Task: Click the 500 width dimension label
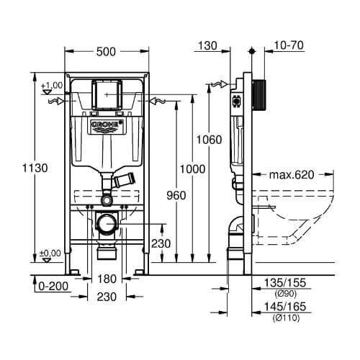pyautogui.click(x=106, y=52)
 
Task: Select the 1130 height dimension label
pyautogui.click(x=35, y=168)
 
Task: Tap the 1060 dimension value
pyautogui.click(x=209, y=140)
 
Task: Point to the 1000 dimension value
pyautogui.click(x=192, y=169)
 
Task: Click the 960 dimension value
pyautogui.click(x=176, y=196)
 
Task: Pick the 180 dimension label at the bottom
pyautogui.click(x=107, y=279)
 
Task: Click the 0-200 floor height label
pyautogui.click(x=53, y=286)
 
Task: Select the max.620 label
pyautogui.click(x=292, y=175)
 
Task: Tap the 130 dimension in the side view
pyautogui.click(x=207, y=45)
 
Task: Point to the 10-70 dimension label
pyautogui.click(x=289, y=45)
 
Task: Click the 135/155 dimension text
pyautogui.click(x=285, y=283)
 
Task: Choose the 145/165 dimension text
pyautogui.click(x=285, y=307)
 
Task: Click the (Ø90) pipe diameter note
pyautogui.click(x=286, y=293)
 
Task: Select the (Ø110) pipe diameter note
pyautogui.click(x=286, y=318)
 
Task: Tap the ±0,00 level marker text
pyautogui.click(x=50, y=253)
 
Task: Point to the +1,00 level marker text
pyautogui.click(x=52, y=85)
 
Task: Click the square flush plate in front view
pyautogui.click(x=107, y=94)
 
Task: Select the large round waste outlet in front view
pyautogui.click(x=107, y=223)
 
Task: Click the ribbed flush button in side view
pyautogui.click(x=259, y=96)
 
